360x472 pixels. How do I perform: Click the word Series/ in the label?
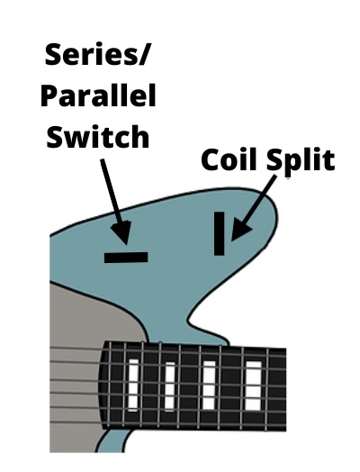point(97,54)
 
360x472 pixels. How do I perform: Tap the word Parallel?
point(98,95)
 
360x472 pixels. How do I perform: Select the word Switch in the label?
point(98,136)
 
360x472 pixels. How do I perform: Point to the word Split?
point(301,161)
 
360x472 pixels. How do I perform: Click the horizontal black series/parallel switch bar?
point(126,258)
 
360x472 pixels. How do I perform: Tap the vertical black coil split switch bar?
point(220,233)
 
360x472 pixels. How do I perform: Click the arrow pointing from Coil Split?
point(254,208)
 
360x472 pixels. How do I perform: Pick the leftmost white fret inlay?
point(133,385)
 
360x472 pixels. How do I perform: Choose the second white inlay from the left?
point(170,386)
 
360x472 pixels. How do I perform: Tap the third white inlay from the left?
point(209,386)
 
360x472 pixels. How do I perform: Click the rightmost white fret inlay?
point(253,386)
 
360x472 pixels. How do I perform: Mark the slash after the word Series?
point(143,54)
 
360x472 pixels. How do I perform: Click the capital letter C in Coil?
point(211,159)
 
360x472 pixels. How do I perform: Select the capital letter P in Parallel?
point(49,95)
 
